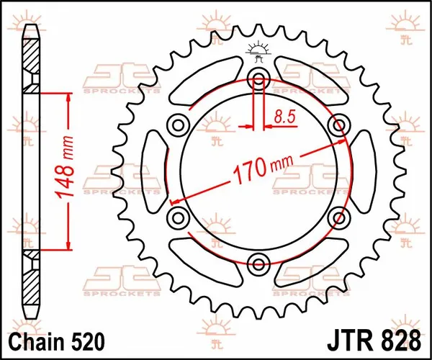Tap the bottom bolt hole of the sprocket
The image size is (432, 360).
tap(258, 261)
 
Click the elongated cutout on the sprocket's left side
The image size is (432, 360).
tap(153, 171)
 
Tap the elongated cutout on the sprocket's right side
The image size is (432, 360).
tap(362, 171)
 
